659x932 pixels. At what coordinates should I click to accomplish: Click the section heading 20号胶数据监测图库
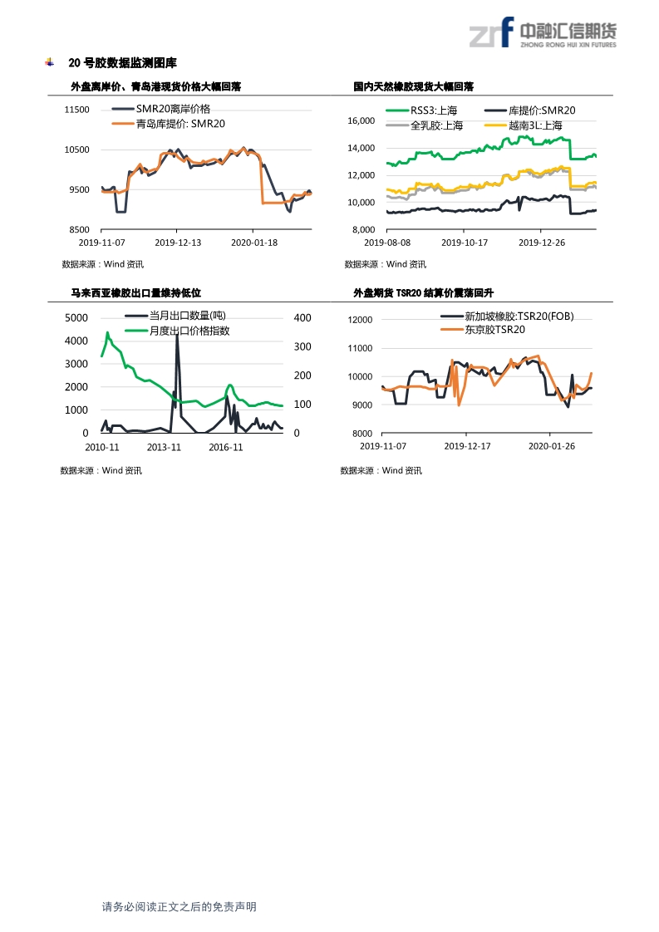tap(122, 63)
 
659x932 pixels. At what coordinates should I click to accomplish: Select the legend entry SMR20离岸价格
tap(173, 109)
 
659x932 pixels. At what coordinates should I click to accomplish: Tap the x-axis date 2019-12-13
tap(178, 243)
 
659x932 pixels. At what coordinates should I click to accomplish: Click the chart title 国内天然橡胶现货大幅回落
tap(413, 86)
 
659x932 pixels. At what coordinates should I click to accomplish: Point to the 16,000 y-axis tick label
tap(361, 121)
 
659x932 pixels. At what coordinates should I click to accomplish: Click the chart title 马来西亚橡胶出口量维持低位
tap(135, 292)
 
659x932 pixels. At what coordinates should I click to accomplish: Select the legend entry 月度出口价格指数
tap(189, 331)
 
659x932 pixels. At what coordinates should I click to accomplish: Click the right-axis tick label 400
tap(302, 318)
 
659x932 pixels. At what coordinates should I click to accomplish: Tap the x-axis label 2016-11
tap(226, 447)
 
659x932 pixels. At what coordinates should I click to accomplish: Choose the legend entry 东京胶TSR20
tap(494, 330)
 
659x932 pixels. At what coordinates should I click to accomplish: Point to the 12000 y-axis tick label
tap(360, 320)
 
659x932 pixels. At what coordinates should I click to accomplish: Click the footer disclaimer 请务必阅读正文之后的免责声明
tap(179, 907)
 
